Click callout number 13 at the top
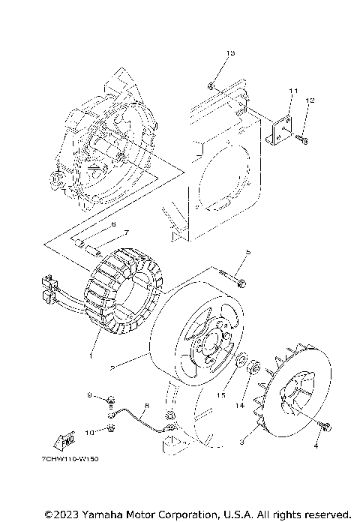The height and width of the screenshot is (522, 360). pyautogui.click(x=230, y=53)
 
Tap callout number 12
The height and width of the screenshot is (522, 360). pyautogui.click(x=310, y=100)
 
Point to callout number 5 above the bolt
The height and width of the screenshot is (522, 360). pyautogui.click(x=247, y=251)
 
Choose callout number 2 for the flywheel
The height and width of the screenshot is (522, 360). pyautogui.click(x=112, y=368)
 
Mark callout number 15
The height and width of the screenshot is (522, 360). pyautogui.click(x=220, y=394)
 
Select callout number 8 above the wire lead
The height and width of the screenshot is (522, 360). pyautogui.click(x=146, y=406)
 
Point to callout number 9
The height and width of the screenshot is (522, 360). pyautogui.click(x=89, y=395)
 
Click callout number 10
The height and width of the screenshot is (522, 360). pyautogui.click(x=89, y=432)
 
